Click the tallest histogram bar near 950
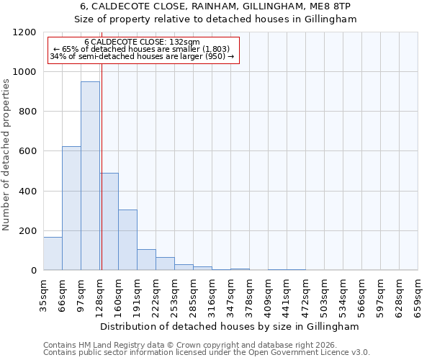[x=90, y=176]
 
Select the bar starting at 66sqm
[x=71, y=208]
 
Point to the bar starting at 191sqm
[x=146, y=260]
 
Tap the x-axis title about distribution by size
[x=230, y=326]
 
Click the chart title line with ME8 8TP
[x=215, y=6]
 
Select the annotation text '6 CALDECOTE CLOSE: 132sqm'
[x=142, y=42]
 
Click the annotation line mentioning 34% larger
[x=142, y=56]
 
